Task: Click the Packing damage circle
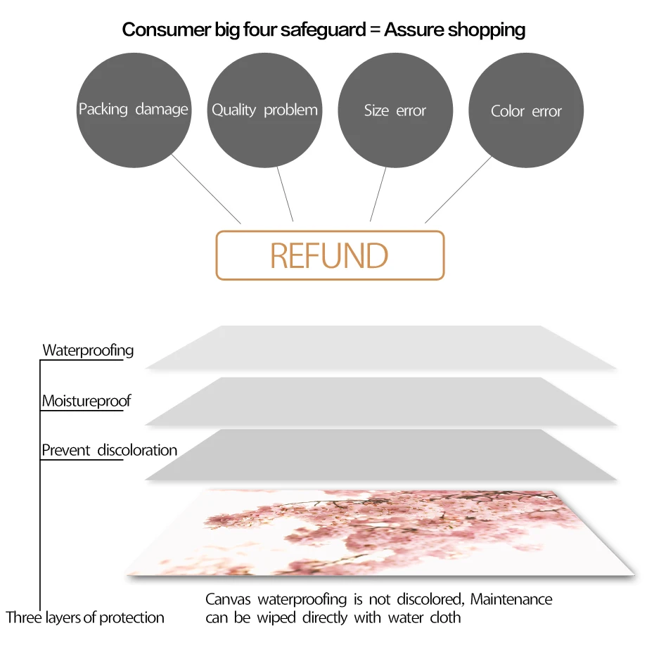pos(134,110)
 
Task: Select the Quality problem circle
pos(264,110)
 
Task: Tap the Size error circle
pos(395,110)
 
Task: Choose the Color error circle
pos(526,110)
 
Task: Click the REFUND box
pos(330,255)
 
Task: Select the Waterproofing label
pos(88,350)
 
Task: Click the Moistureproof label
pos(86,402)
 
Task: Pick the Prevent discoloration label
pos(109,450)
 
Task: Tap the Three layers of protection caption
pos(85,618)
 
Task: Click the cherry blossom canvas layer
pos(380,531)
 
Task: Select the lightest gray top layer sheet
pos(380,347)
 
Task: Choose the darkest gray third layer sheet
pos(380,455)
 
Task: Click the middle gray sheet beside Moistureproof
pos(380,402)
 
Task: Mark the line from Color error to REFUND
pos(459,188)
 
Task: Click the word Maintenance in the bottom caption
pos(511,600)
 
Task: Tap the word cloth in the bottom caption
pos(444,618)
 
